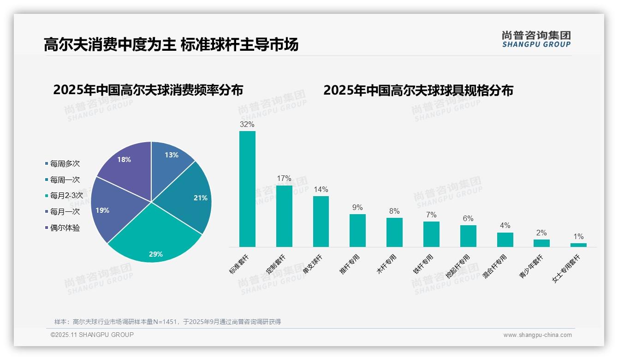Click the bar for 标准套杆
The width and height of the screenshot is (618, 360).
coord(247,189)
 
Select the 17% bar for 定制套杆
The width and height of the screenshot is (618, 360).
coord(284,216)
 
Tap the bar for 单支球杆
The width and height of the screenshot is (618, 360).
coord(321,222)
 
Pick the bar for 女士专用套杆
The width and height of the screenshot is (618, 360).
coord(578,245)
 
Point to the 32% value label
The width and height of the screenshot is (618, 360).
coord(247,124)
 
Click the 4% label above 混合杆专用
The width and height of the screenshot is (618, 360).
coord(505,226)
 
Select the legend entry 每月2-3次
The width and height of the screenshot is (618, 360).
coord(66,196)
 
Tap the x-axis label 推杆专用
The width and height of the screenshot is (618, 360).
coord(352,264)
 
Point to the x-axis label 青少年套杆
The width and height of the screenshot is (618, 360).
coord(531,266)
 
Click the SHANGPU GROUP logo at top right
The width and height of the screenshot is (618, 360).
coord(536,39)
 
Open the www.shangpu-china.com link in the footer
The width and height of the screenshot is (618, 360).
coord(537,335)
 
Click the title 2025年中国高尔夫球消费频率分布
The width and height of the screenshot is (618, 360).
coord(148,90)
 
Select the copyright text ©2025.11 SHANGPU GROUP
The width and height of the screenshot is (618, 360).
coord(92,335)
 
